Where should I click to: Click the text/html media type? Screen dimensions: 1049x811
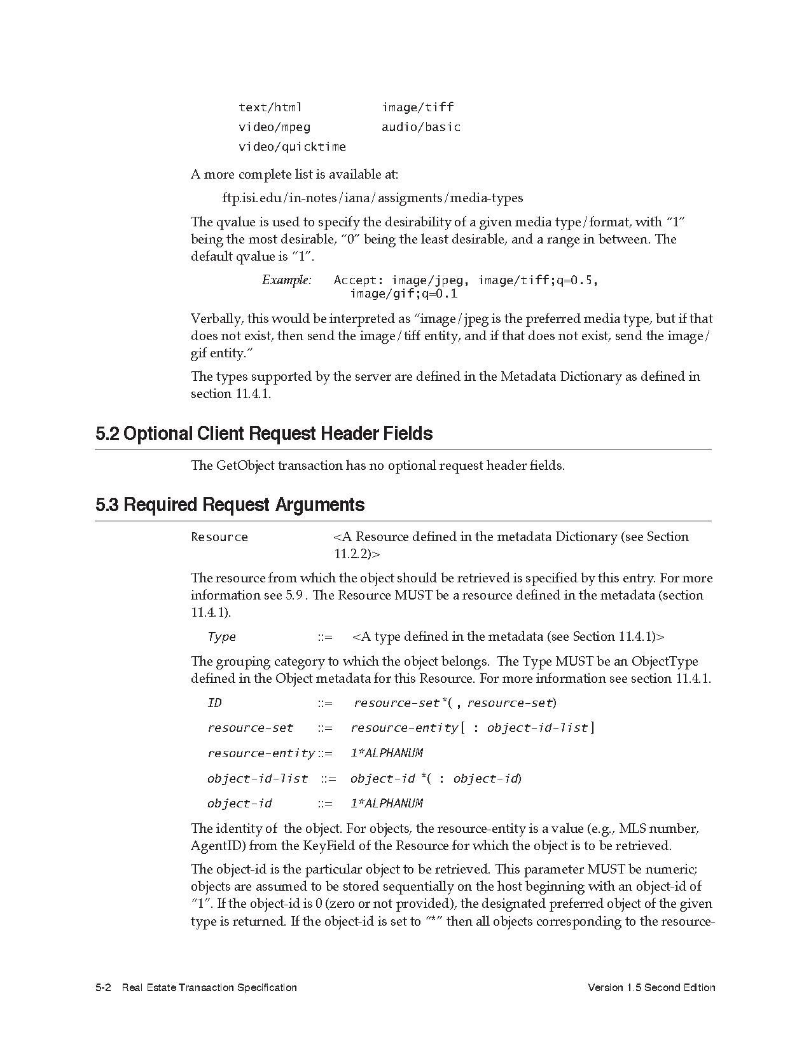click(270, 107)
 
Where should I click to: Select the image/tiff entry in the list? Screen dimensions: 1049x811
click(418, 107)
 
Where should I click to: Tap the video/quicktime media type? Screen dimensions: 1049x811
click(292, 147)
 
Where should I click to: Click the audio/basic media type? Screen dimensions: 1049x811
click(421, 127)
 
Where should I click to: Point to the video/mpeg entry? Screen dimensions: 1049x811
click(274, 127)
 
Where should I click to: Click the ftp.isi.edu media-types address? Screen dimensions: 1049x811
click(373, 198)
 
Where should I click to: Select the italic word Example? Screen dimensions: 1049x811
click(287, 280)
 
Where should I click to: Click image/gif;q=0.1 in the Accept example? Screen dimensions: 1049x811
click(404, 294)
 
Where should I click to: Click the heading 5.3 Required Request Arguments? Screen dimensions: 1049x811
click(230, 505)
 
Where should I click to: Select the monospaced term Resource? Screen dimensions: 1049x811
click(219, 537)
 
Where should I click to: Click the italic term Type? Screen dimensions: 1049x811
click(221, 637)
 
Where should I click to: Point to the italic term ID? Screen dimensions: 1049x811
click(214, 703)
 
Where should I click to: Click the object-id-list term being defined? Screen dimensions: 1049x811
click(258, 779)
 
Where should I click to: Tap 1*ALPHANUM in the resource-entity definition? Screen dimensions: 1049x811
click(387, 753)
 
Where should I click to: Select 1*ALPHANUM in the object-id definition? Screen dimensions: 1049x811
click(387, 804)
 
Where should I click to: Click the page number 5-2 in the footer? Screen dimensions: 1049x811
click(104, 987)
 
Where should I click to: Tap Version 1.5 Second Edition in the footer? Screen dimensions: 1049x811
click(651, 987)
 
